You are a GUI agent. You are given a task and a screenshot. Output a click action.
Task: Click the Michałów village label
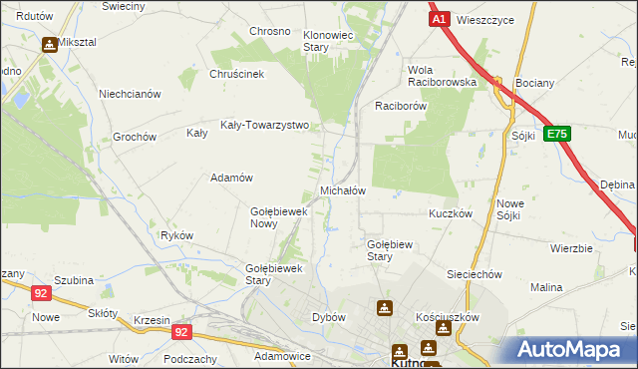point(343,190)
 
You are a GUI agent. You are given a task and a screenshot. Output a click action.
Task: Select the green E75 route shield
point(557,134)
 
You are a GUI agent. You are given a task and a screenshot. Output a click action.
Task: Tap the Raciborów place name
point(401,105)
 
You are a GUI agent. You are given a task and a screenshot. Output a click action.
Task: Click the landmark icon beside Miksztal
point(49,45)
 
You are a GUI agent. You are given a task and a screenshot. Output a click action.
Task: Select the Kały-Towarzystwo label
point(271,127)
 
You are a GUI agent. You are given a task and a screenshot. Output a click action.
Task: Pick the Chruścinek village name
point(235,74)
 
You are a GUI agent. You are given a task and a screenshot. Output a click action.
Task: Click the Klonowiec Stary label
point(329,41)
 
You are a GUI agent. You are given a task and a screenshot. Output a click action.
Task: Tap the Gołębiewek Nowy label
point(277,217)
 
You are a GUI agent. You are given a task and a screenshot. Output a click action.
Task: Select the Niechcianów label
point(130,95)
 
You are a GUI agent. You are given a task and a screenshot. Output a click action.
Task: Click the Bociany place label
point(532,83)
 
